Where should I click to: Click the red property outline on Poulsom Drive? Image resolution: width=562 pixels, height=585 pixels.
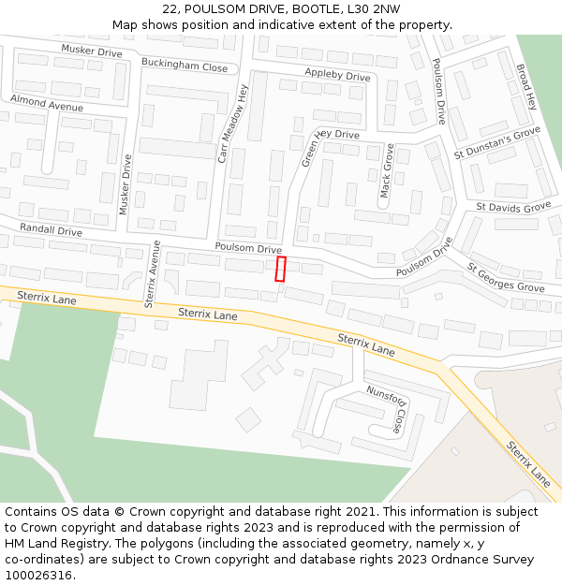279,269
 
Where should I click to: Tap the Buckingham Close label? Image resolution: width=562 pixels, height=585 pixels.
185,66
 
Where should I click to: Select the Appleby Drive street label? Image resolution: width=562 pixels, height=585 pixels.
337,75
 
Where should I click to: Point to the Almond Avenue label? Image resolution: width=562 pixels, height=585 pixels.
47,102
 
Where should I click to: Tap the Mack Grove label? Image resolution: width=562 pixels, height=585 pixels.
386,169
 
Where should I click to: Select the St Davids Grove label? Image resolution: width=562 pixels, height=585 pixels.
513,207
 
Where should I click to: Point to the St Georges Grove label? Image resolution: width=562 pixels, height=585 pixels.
506,277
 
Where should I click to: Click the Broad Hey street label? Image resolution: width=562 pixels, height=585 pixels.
525,87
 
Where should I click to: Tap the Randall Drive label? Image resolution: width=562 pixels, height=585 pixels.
52,229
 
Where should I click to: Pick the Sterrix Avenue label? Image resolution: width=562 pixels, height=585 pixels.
153,275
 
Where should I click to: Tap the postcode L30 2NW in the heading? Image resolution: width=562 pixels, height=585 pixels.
374,8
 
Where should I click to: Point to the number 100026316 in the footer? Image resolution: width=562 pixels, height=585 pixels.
39,575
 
